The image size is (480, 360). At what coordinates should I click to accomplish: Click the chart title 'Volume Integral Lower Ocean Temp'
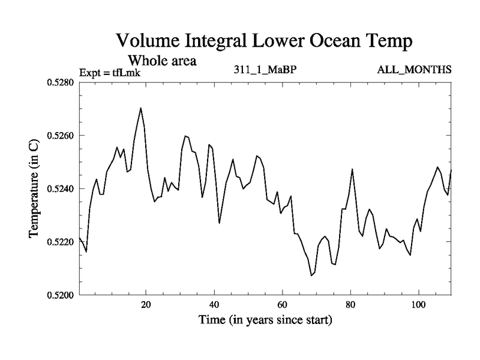pyautogui.click(x=263, y=41)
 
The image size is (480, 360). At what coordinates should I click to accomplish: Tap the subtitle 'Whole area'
pyautogui.click(x=163, y=61)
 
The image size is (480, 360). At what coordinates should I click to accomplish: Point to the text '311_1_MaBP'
pyautogui.click(x=266, y=70)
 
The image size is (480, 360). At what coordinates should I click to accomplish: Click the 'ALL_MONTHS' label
pyautogui.click(x=414, y=70)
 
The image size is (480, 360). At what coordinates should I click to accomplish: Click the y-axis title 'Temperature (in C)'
pyautogui.click(x=34, y=188)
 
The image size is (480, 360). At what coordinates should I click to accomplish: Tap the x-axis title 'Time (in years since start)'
pyautogui.click(x=266, y=320)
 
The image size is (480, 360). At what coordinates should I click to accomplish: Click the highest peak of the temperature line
pyautogui.click(x=140, y=108)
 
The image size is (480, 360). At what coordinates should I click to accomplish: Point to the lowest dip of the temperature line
pyautogui.click(x=311, y=275)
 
